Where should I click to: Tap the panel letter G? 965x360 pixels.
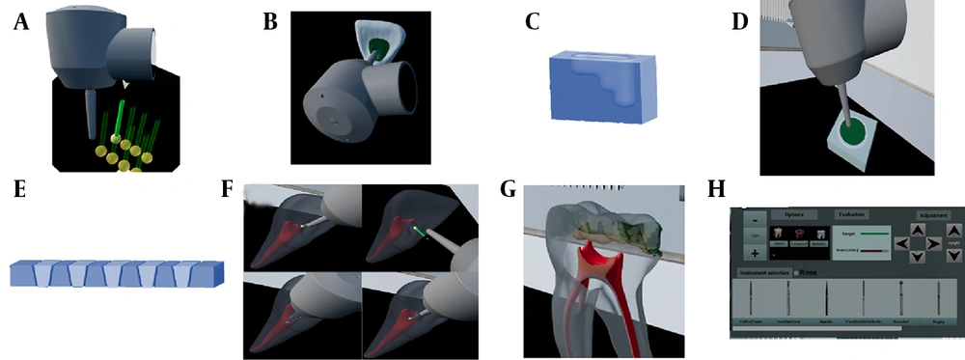(x=509, y=189)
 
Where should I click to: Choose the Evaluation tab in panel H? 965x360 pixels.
(x=852, y=214)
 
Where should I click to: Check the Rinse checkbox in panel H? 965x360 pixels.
(x=795, y=273)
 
